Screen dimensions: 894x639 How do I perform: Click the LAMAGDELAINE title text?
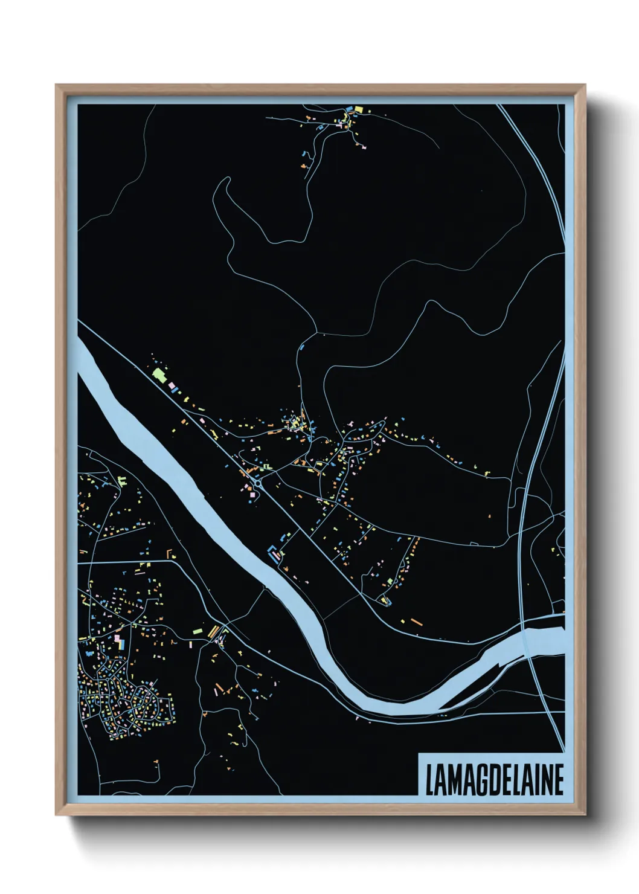click(494, 780)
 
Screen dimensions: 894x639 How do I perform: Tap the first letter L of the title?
click(429, 780)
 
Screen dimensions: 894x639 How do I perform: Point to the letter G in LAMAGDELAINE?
click(475, 780)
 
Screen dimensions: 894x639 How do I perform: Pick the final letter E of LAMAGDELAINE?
click(559, 780)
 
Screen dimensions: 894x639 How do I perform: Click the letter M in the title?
click(452, 780)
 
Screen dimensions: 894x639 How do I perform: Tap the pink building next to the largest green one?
click(170, 384)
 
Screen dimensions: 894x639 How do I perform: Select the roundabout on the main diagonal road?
click(258, 483)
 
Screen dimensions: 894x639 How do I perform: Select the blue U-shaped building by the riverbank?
click(275, 553)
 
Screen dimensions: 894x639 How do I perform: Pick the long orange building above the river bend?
click(416, 621)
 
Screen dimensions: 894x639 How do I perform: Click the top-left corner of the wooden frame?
click(56, 85)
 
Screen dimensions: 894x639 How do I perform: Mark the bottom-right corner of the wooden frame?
click(585, 815)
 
